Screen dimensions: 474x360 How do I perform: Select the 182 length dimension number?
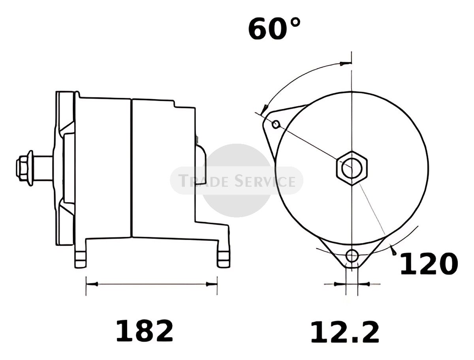(145, 331)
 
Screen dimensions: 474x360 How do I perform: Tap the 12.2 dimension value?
(345, 332)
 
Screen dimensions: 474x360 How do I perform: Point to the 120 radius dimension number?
(429, 263)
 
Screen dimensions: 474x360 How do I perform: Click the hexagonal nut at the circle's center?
(352, 169)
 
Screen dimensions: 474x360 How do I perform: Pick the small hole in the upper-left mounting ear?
(276, 124)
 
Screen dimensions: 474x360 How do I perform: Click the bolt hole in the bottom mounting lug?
(352, 256)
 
